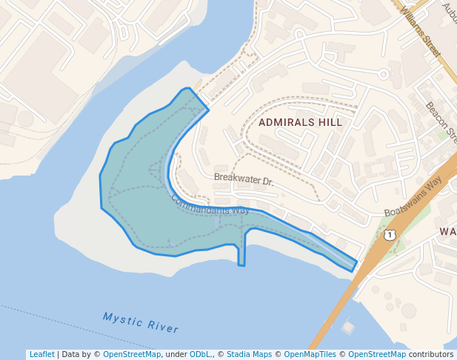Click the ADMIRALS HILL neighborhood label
[x=300, y=122]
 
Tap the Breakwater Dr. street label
[x=244, y=179]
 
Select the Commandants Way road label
[x=210, y=205]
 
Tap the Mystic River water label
[x=141, y=322]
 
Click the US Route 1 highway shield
[x=390, y=235]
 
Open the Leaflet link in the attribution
[x=41, y=354]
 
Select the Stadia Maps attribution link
[x=249, y=354]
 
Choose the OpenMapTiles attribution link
[x=311, y=354]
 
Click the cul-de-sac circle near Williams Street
[x=383, y=74]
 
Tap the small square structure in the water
[x=348, y=326]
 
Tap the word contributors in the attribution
[x=431, y=354]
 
